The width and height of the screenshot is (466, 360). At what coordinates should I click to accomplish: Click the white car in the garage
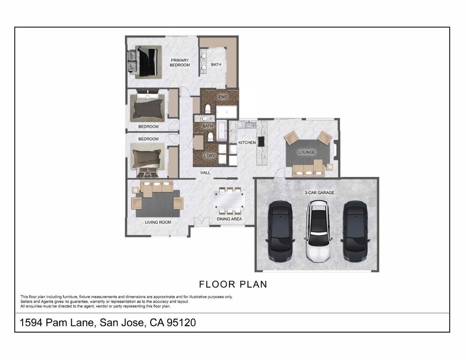click(318, 231)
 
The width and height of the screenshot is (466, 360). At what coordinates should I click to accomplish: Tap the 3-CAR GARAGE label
click(319, 193)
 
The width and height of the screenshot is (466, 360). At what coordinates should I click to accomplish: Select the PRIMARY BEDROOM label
click(179, 62)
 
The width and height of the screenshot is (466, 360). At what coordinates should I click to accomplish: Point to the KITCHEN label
click(247, 142)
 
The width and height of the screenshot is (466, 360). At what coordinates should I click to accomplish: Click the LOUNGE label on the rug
click(306, 152)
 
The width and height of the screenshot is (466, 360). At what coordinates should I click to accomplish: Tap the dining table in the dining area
click(229, 200)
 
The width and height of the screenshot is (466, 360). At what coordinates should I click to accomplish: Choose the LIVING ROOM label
click(158, 222)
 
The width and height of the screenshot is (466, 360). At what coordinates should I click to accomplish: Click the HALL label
click(205, 172)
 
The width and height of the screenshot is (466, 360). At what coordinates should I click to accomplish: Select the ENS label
click(223, 97)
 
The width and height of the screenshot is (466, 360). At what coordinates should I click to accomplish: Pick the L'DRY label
click(209, 156)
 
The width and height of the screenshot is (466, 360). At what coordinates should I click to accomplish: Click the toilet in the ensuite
click(208, 108)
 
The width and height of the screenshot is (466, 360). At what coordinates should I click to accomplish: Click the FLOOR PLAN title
click(233, 284)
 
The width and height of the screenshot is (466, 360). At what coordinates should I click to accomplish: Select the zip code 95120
click(181, 323)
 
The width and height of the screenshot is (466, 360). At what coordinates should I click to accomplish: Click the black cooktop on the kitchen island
click(261, 141)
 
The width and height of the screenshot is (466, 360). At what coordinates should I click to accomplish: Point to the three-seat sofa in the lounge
click(309, 169)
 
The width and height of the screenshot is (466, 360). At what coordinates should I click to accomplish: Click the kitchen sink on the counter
click(251, 124)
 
